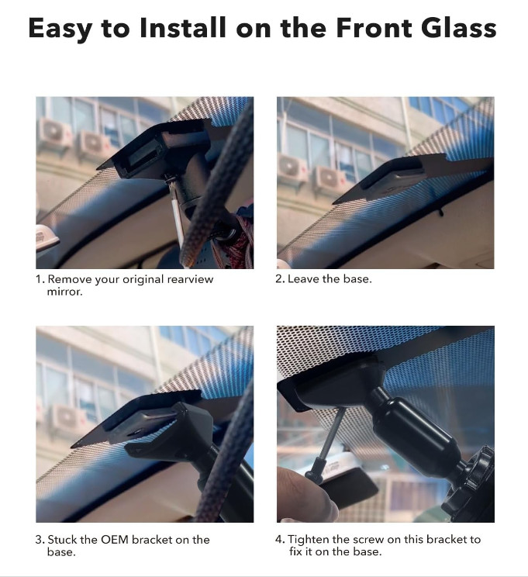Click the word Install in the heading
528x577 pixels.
tap(182, 28)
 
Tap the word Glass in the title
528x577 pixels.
tap(459, 28)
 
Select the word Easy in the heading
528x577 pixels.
tap(60, 29)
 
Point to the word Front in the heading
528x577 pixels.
tap(374, 28)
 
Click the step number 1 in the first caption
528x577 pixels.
tap(39, 279)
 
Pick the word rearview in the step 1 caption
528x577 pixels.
tap(190, 279)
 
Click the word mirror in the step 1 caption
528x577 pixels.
tap(64, 292)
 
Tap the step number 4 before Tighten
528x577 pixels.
tap(280, 540)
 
